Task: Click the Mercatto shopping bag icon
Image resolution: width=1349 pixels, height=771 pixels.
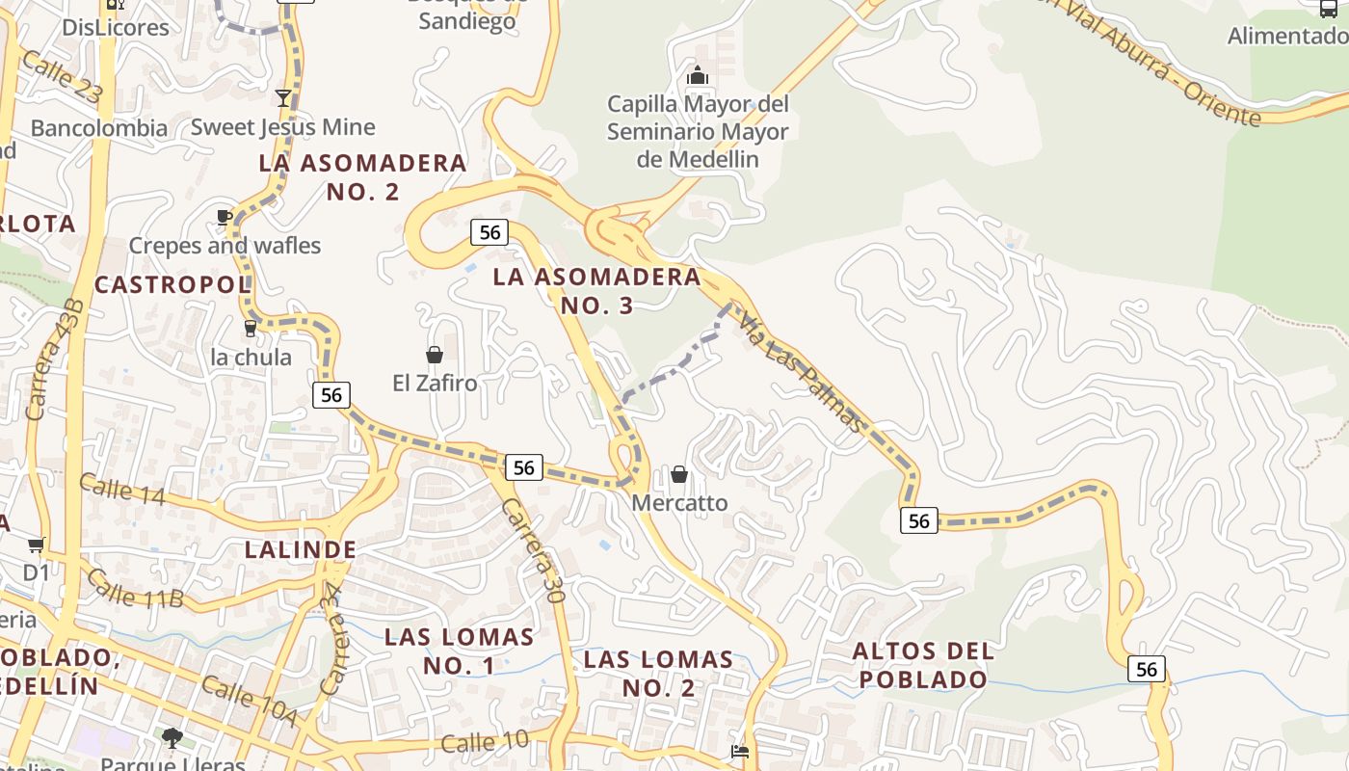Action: pyautogui.click(x=679, y=474)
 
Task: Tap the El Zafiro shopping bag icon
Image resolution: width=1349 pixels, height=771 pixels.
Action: pyautogui.click(x=434, y=355)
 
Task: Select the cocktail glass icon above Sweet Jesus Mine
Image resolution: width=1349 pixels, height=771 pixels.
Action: pyautogui.click(x=283, y=97)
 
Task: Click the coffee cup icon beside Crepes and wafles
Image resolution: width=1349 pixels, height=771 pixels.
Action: pyautogui.click(x=225, y=217)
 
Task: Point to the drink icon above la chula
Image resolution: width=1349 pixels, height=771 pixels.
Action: pyautogui.click(x=251, y=328)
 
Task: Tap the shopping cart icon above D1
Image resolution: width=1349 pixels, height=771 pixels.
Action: pyautogui.click(x=37, y=545)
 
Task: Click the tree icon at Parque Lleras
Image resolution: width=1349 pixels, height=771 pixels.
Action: pyautogui.click(x=172, y=738)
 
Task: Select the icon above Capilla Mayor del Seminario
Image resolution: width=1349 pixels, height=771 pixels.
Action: pyautogui.click(x=697, y=74)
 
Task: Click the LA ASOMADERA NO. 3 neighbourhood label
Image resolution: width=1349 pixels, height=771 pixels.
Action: pyautogui.click(x=596, y=291)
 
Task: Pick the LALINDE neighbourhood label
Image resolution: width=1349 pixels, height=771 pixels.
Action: pyautogui.click(x=301, y=550)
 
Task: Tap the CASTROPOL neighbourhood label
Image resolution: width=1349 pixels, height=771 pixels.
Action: pyautogui.click(x=172, y=284)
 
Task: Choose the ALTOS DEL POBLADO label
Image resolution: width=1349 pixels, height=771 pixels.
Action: pyautogui.click(x=923, y=665)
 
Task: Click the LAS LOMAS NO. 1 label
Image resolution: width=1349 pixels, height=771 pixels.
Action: pyautogui.click(x=459, y=651)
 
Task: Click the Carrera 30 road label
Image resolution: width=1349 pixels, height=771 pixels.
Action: pyautogui.click(x=533, y=550)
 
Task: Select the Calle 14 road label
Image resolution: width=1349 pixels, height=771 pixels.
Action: pyautogui.click(x=121, y=490)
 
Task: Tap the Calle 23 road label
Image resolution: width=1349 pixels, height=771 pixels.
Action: pyautogui.click(x=60, y=78)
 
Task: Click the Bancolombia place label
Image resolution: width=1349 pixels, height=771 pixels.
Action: pyautogui.click(x=99, y=128)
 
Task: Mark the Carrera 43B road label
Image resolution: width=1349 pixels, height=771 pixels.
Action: pyautogui.click(x=55, y=358)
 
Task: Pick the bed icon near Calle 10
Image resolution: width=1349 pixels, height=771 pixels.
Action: pyautogui.click(x=740, y=751)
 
